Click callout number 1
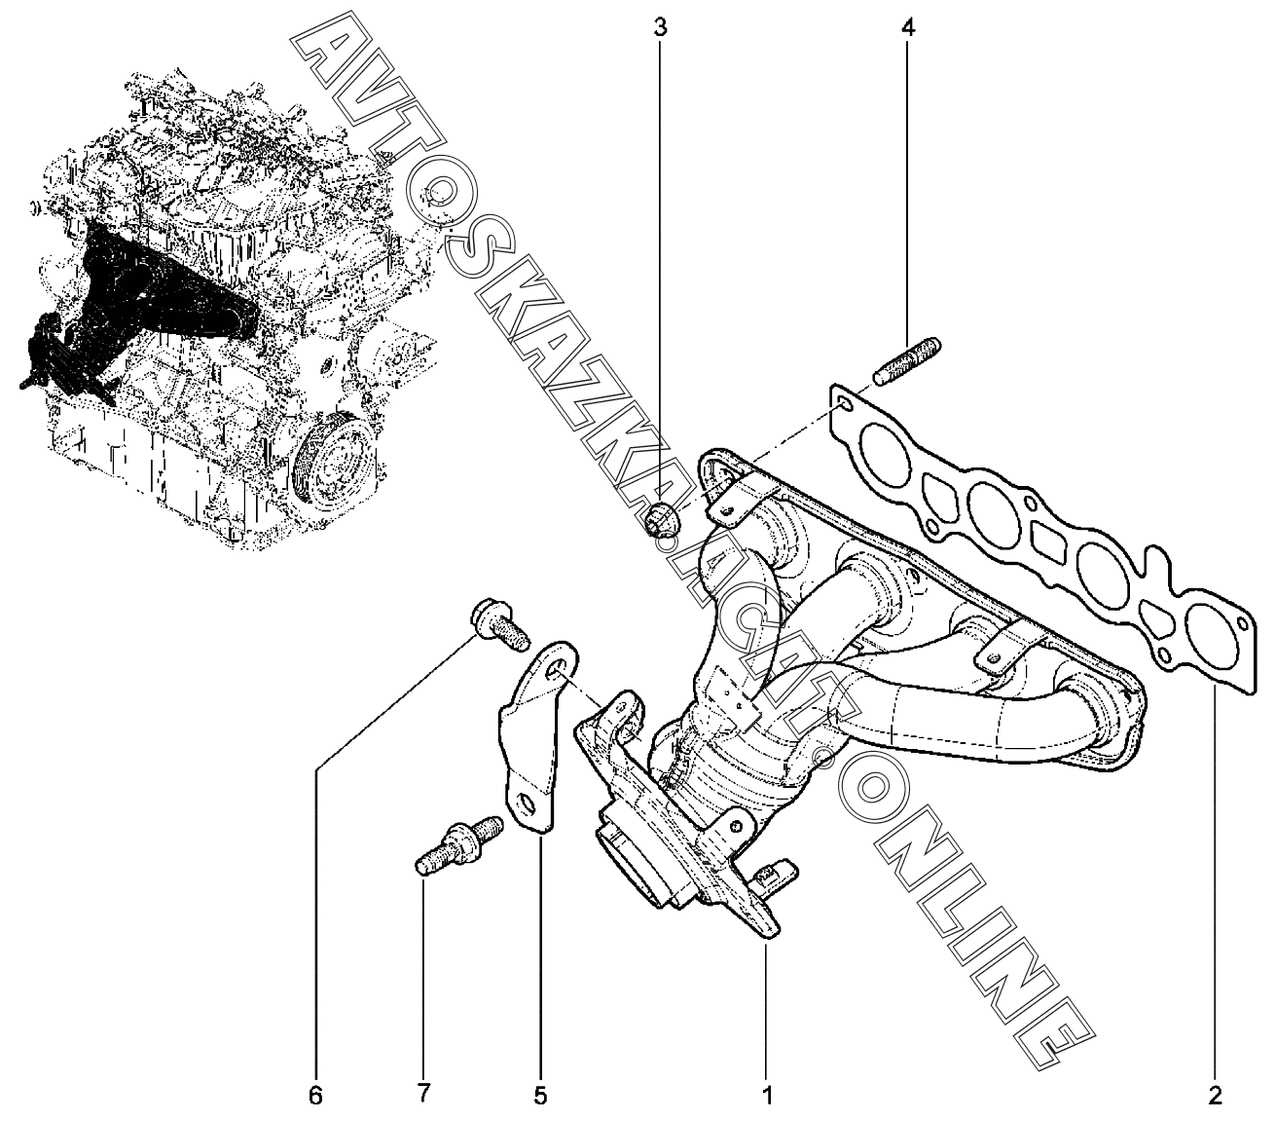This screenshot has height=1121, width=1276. click(767, 1095)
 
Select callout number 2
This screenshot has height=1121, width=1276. click(1215, 1095)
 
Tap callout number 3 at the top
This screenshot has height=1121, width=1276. click(660, 26)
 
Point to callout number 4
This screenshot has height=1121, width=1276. click(907, 26)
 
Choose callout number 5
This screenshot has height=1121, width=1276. click(540, 1095)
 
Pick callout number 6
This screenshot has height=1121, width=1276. click(314, 1095)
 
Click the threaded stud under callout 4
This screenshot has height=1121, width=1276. click(909, 359)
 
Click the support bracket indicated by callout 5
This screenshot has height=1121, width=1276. click(531, 740)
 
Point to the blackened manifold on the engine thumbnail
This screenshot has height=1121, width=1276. click(146, 292)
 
